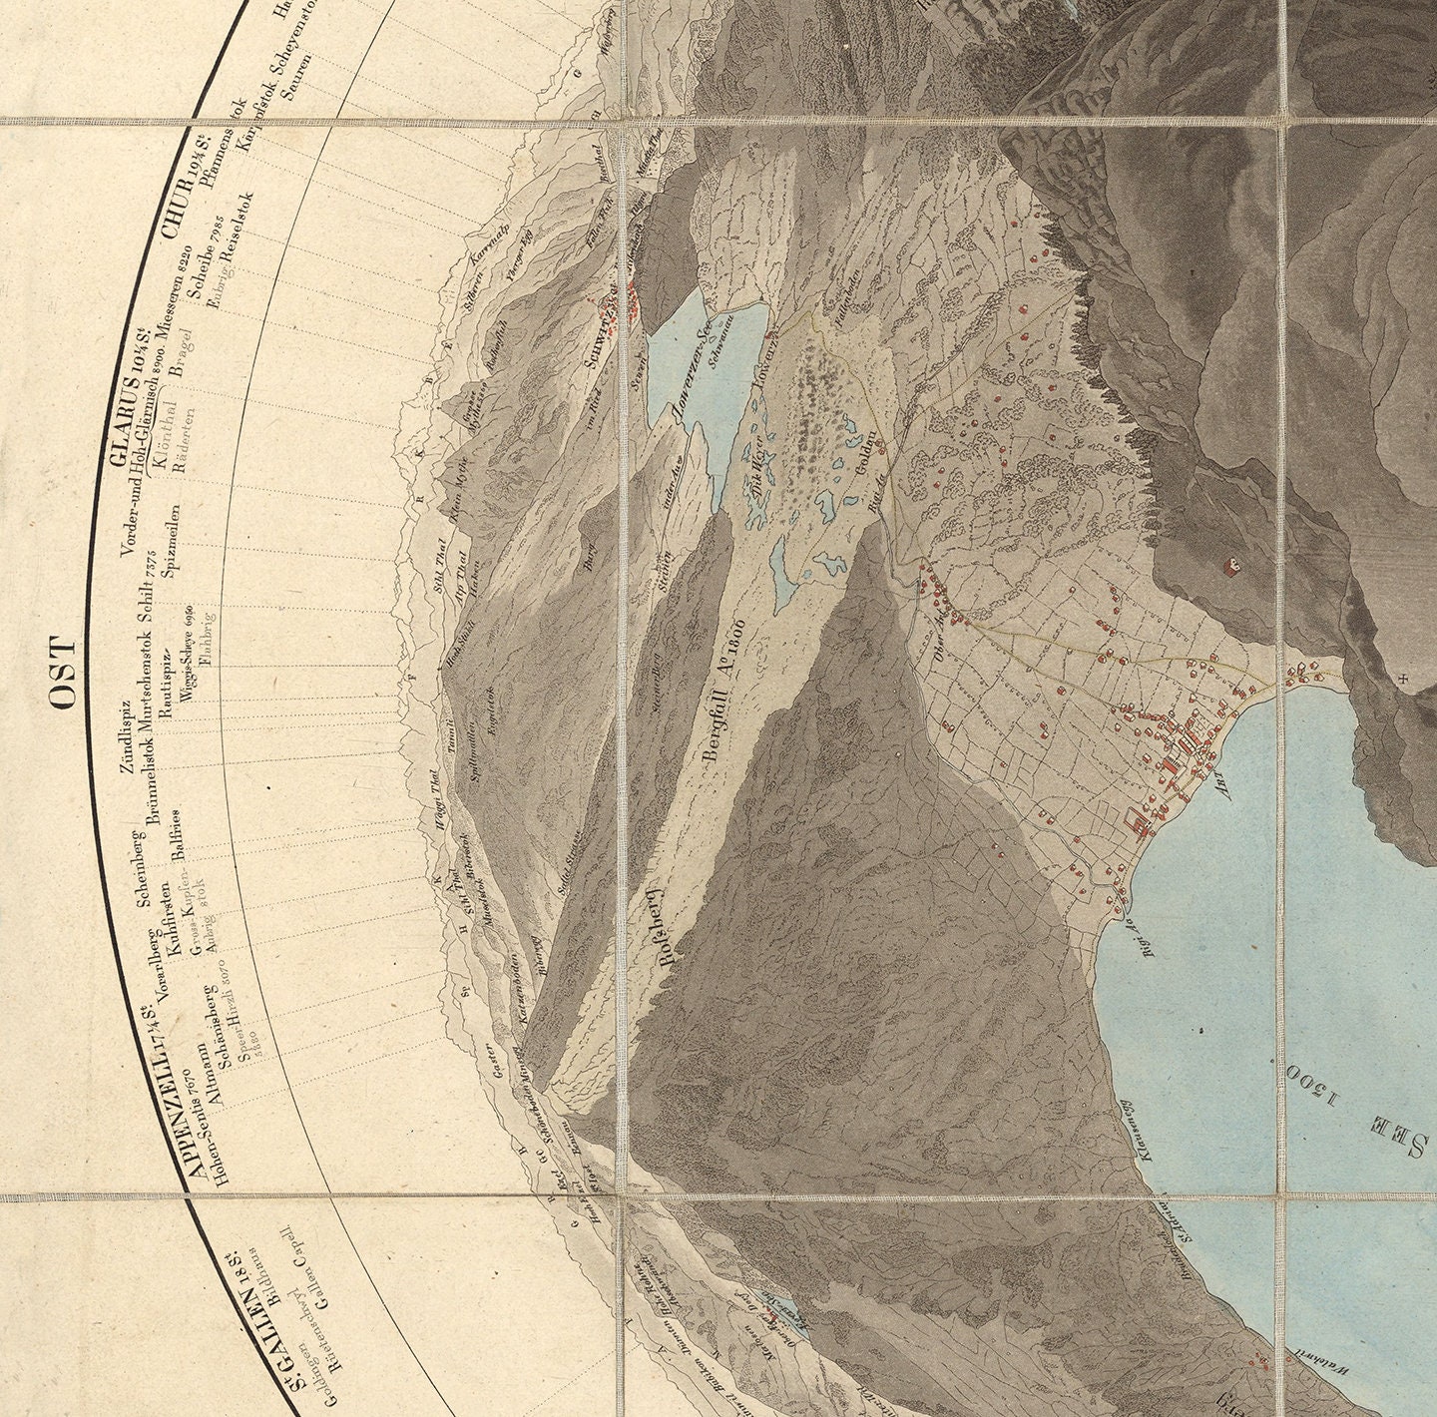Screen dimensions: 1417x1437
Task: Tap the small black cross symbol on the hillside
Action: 1403,680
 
